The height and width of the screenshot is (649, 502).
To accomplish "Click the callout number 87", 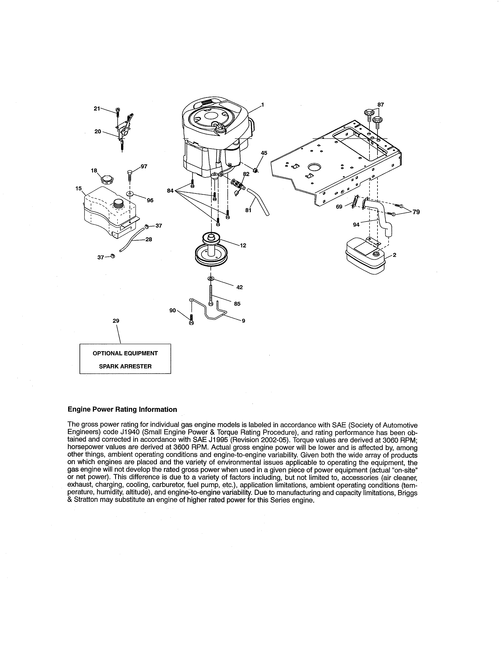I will (x=380, y=105).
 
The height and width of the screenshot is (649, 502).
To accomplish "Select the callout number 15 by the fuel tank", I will (x=79, y=188).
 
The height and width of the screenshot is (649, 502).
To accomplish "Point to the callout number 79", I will (x=416, y=212).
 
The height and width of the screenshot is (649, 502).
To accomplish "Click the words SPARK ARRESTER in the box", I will (x=125, y=366).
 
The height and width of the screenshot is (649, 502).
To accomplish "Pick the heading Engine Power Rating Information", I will (x=122, y=409).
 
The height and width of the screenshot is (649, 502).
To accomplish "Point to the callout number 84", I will (x=170, y=191).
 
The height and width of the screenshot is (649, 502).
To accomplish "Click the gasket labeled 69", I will (x=355, y=202).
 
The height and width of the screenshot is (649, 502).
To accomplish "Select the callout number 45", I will (x=264, y=153).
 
